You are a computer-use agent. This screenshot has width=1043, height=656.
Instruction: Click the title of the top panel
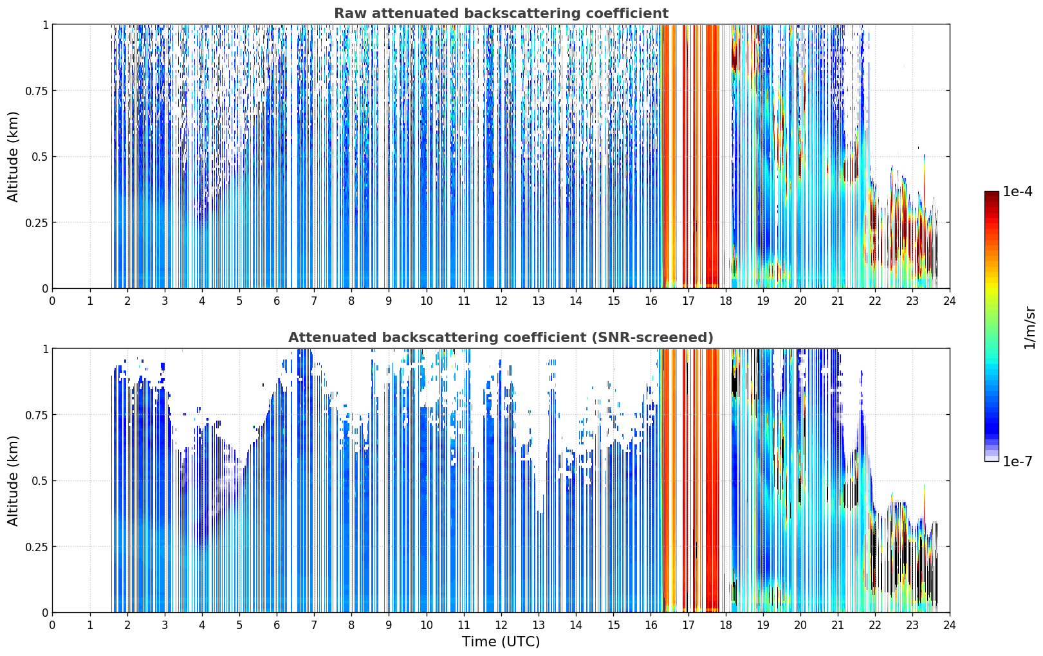(501, 13)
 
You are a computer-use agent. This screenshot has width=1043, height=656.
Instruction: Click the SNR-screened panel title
(501, 337)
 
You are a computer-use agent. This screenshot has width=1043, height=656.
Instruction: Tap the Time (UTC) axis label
(501, 642)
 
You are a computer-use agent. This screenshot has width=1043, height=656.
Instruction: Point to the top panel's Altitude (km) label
(13, 157)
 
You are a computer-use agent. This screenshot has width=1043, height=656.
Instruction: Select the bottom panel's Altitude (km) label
(13, 481)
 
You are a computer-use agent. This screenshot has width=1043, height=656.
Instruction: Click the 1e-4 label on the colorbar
(1017, 192)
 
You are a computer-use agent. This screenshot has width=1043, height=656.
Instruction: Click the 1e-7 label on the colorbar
(1017, 462)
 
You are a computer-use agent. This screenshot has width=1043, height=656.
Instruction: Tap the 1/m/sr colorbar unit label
(1029, 327)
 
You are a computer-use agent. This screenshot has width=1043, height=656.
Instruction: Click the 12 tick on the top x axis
(501, 301)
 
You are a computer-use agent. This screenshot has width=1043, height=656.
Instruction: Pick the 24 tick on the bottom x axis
(950, 625)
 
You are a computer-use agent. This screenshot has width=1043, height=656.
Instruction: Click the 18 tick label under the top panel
(725, 301)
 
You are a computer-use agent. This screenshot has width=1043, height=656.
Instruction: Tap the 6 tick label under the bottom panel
(277, 625)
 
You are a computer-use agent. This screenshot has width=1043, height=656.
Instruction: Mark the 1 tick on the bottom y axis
(45, 349)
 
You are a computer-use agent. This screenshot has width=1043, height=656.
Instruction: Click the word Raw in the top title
(350, 13)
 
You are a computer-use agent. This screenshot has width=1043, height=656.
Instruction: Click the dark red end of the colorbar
(992, 194)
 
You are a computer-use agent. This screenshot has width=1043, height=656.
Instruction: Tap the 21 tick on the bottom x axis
(838, 625)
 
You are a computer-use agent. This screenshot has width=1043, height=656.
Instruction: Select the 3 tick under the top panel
(164, 301)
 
